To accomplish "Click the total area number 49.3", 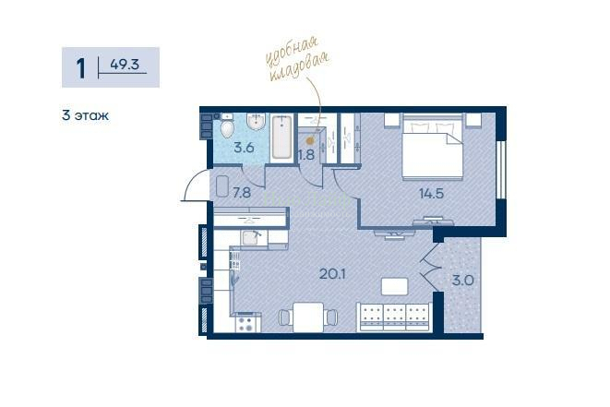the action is (x=125, y=65).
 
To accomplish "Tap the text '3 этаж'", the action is (x=85, y=115).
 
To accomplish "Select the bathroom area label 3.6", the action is (x=244, y=148).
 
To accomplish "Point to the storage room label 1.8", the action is (x=306, y=155).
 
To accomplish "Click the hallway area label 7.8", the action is (x=242, y=193).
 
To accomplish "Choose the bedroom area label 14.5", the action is (x=432, y=193).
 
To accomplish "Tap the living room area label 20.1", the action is (x=332, y=274).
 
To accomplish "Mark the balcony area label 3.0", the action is (x=463, y=281).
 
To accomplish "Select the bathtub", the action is (x=281, y=137).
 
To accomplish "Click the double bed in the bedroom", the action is (x=432, y=147).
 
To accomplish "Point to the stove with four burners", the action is (x=245, y=324).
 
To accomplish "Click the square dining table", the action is (x=308, y=317).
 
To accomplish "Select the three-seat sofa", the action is (x=394, y=317).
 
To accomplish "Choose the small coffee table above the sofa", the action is (x=395, y=286).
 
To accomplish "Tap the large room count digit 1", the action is (x=81, y=68).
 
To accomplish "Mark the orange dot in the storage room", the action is (x=310, y=141).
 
